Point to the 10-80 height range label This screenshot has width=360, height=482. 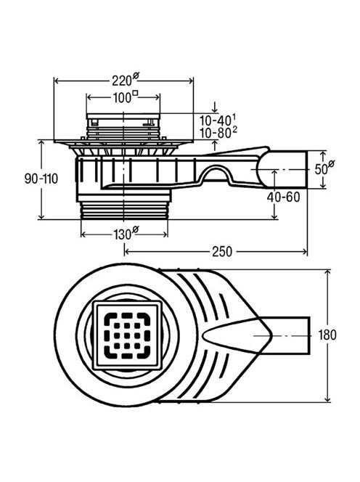[x=218, y=133]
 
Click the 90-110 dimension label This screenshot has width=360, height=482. [x=41, y=179]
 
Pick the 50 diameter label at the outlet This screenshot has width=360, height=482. [x=324, y=168]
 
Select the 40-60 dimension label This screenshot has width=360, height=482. [x=283, y=197]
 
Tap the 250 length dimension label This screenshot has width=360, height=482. [x=222, y=252]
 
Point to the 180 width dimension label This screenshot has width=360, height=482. [x=327, y=335]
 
